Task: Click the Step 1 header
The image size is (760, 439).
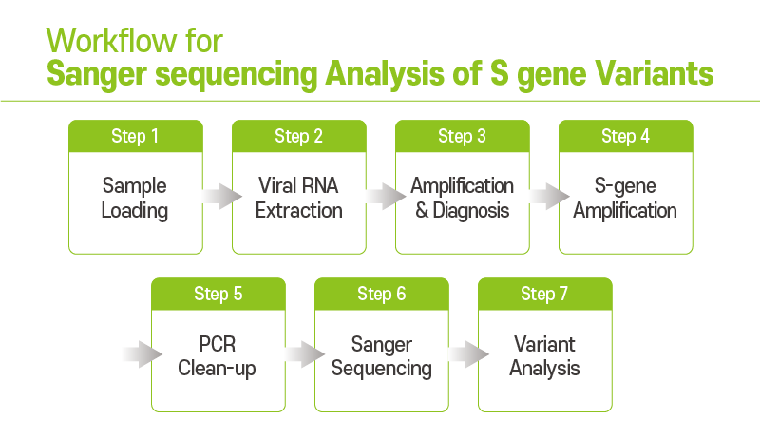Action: pyautogui.click(x=135, y=136)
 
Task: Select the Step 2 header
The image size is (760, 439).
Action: pyautogui.click(x=298, y=136)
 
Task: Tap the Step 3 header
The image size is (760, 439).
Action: pyautogui.click(x=462, y=136)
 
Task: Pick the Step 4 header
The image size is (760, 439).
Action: pyautogui.click(x=625, y=136)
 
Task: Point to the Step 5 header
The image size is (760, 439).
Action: pyautogui.click(x=218, y=294)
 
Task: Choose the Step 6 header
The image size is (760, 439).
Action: pyautogui.click(x=382, y=294)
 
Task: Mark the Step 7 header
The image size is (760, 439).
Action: pyautogui.click(x=544, y=294)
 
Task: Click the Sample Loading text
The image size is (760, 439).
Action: pyautogui.click(x=135, y=199)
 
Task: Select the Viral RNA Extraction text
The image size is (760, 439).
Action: pyautogui.click(x=298, y=198)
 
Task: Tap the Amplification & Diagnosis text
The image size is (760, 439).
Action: pyautogui.click(x=462, y=198)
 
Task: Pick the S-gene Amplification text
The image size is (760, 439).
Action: pyautogui.click(x=625, y=199)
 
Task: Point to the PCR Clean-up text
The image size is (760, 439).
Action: pyautogui.click(x=217, y=356)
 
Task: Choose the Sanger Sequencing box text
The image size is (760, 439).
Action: pyautogui.click(x=382, y=356)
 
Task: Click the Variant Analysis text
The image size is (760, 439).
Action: pyautogui.click(x=544, y=356)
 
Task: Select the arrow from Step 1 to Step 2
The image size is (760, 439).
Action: pyautogui.click(x=222, y=197)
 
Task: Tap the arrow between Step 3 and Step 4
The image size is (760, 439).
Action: pyautogui.click(x=549, y=197)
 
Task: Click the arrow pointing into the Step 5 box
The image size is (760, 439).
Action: pyautogui.click(x=142, y=354)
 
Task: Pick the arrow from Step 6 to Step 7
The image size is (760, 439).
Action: pyautogui.click(x=468, y=354)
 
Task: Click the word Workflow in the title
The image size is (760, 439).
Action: pyautogui.click(x=111, y=41)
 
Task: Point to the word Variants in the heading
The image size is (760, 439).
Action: pyautogui.click(x=655, y=74)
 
